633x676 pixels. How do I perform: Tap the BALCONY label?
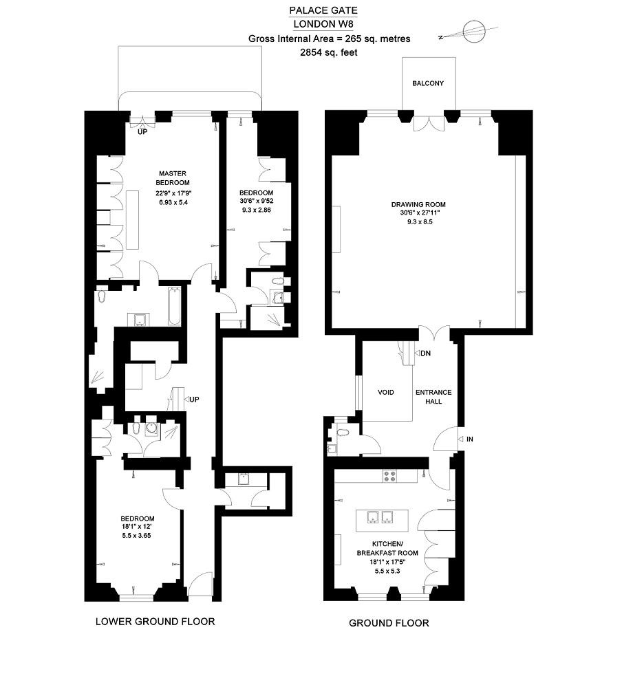[428, 83]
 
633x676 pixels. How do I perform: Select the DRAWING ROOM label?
[418, 204]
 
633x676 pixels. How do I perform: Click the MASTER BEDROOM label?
[173, 177]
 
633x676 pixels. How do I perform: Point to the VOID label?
[385, 392]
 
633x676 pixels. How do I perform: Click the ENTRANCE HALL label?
[433, 397]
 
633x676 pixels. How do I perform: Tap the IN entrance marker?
[469, 439]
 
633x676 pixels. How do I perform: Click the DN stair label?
[425, 353]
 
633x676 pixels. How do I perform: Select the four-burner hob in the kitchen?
[389, 476]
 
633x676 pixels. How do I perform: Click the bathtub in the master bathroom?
[175, 307]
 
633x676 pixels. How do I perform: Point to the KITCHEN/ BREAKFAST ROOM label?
[387, 548]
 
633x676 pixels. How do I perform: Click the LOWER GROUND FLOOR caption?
[155, 621]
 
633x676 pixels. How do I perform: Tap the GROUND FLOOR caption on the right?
[389, 623]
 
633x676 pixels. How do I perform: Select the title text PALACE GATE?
[323, 10]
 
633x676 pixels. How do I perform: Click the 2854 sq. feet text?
[329, 52]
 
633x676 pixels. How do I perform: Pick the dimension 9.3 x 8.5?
[420, 222]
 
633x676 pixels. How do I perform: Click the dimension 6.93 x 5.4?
[173, 202]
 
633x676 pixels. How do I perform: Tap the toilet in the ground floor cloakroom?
[342, 433]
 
